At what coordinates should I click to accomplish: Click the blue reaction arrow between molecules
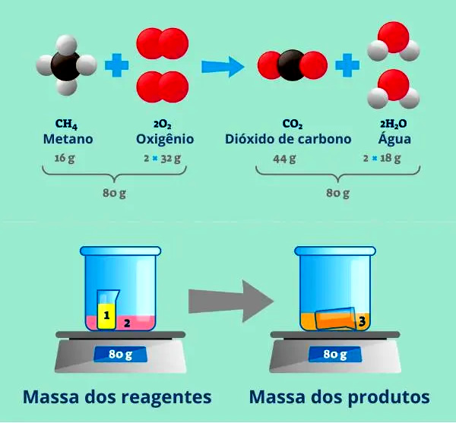(222, 67)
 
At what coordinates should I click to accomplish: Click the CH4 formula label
(67, 124)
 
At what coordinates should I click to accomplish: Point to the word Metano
(68, 139)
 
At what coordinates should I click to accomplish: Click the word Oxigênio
(165, 139)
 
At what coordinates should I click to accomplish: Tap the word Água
(395, 139)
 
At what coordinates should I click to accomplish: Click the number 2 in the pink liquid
(128, 323)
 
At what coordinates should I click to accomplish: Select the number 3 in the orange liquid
(362, 322)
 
